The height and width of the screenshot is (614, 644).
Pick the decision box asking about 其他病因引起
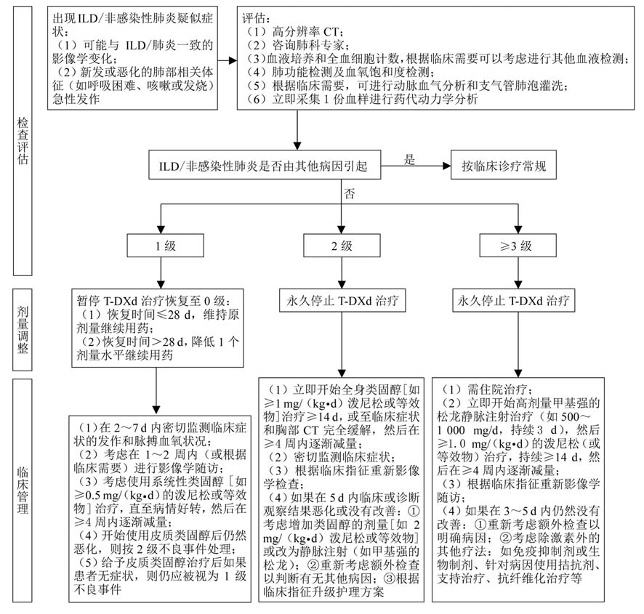pyautogui.click(x=265, y=166)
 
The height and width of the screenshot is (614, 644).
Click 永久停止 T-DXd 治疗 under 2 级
pyautogui.click(x=341, y=299)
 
